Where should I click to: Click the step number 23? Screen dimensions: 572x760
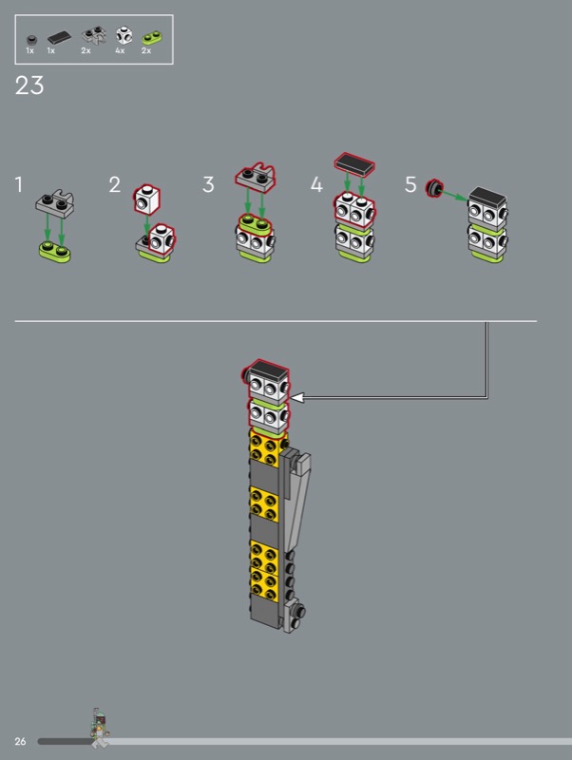(29, 85)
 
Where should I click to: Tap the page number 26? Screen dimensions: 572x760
(20, 741)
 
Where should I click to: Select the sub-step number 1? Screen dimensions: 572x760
(18, 184)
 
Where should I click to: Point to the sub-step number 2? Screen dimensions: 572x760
(114, 184)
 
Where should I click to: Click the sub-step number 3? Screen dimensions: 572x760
(208, 184)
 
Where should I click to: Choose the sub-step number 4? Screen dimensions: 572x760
(316, 184)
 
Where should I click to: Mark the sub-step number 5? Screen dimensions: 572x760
(410, 184)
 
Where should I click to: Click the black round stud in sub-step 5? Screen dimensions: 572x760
(434, 188)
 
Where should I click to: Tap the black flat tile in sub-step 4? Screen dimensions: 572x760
(354, 164)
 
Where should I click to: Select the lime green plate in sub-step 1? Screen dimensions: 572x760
(55, 252)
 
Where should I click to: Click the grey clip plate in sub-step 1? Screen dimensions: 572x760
(55, 203)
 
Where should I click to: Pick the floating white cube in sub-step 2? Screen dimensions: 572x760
(147, 199)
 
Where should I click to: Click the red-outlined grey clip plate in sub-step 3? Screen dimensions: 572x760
(256, 177)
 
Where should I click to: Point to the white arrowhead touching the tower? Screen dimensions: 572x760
(296, 398)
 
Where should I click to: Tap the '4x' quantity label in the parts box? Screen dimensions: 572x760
(120, 51)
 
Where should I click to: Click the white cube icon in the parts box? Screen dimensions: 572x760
(124, 35)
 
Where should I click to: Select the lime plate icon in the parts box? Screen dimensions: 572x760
(152, 38)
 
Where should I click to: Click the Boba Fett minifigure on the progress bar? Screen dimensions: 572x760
(101, 728)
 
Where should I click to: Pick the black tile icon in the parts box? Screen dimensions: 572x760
(59, 37)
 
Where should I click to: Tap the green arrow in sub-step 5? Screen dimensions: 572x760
(455, 196)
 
